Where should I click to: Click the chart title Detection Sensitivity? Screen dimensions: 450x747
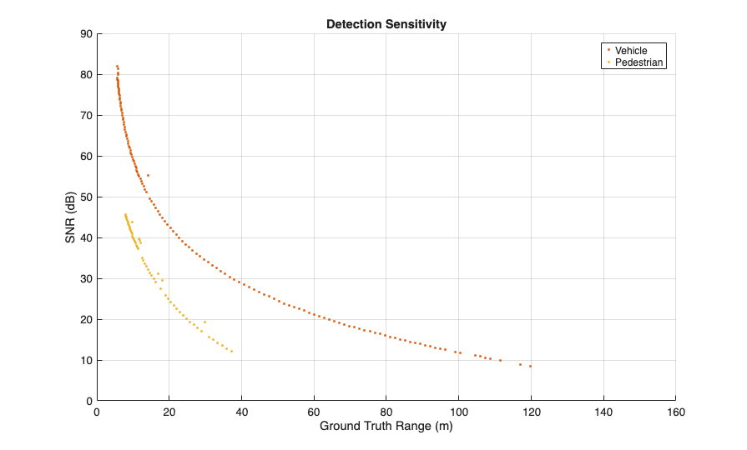(386, 24)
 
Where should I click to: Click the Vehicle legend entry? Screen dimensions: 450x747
(631, 51)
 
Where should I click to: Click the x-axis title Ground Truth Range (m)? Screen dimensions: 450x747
(386, 427)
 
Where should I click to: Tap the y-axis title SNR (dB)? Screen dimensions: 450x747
(71, 217)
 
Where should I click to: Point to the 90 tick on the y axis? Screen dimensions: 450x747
(87, 34)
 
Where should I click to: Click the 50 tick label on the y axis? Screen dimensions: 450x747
(87, 197)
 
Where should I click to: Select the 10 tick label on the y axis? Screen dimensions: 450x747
(87, 361)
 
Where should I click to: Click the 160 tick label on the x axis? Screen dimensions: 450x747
(675, 412)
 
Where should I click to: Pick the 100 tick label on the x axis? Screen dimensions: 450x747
(458, 412)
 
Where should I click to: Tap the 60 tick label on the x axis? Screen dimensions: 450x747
(314, 412)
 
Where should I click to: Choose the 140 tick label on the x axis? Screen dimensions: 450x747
(603, 412)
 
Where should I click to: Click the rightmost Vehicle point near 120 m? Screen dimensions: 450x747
(530, 366)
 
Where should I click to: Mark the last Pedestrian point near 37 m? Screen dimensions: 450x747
(231, 351)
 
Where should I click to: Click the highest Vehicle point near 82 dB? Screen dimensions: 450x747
(117, 66)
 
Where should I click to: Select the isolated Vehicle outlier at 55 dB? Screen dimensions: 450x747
(148, 175)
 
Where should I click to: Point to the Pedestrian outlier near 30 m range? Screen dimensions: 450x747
(204, 322)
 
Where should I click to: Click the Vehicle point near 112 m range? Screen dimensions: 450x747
(501, 360)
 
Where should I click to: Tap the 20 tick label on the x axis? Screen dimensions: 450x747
(169, 412)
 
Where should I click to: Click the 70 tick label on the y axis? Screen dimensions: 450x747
(87, 116)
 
